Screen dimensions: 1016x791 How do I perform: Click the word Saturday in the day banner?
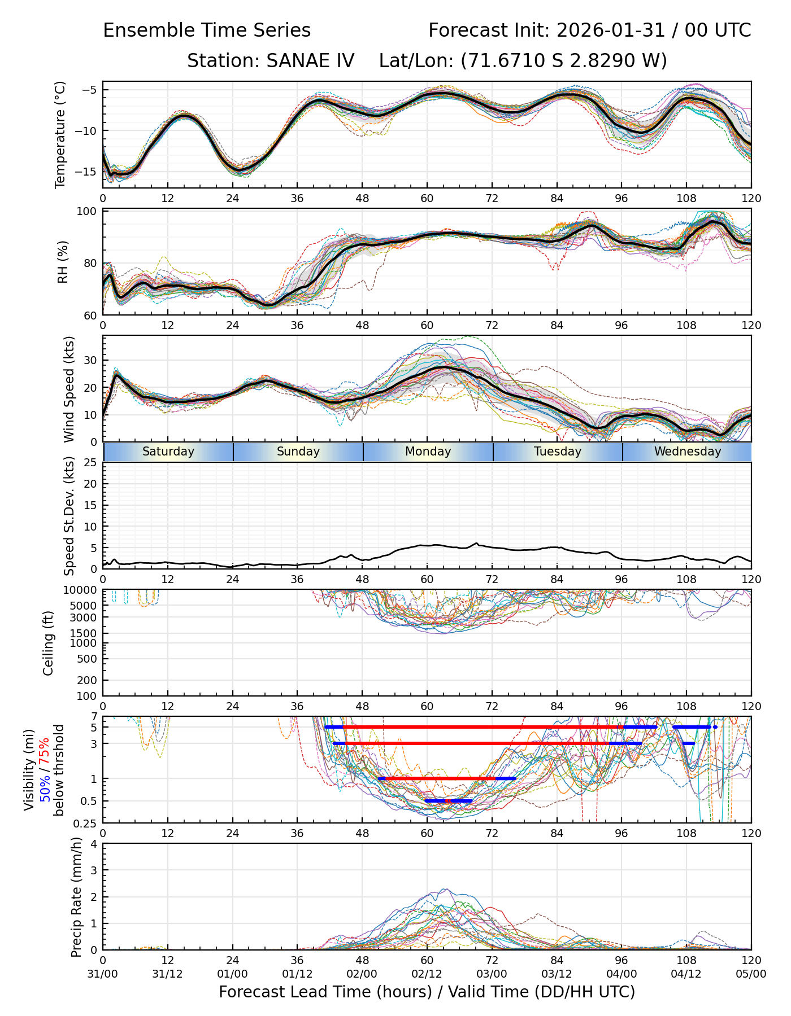[168, 452]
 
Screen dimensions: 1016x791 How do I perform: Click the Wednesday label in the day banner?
[688, 452]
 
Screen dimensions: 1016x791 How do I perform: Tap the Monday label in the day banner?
[428, 452]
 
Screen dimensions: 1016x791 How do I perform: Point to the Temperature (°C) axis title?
[60, 134]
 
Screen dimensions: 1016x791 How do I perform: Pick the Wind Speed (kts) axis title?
[69, 389]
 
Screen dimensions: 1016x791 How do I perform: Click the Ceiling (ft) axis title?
[49, 643]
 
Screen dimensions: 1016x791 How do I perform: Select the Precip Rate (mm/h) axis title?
[77, 897]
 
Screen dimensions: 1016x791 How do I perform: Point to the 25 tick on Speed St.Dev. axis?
[90, 463]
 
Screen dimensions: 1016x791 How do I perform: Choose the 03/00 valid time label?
[492, 974]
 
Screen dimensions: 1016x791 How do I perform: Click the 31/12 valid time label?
[167, 974]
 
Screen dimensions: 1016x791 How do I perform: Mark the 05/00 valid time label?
[751, 974]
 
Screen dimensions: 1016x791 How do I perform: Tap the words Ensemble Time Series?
[207, 30]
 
